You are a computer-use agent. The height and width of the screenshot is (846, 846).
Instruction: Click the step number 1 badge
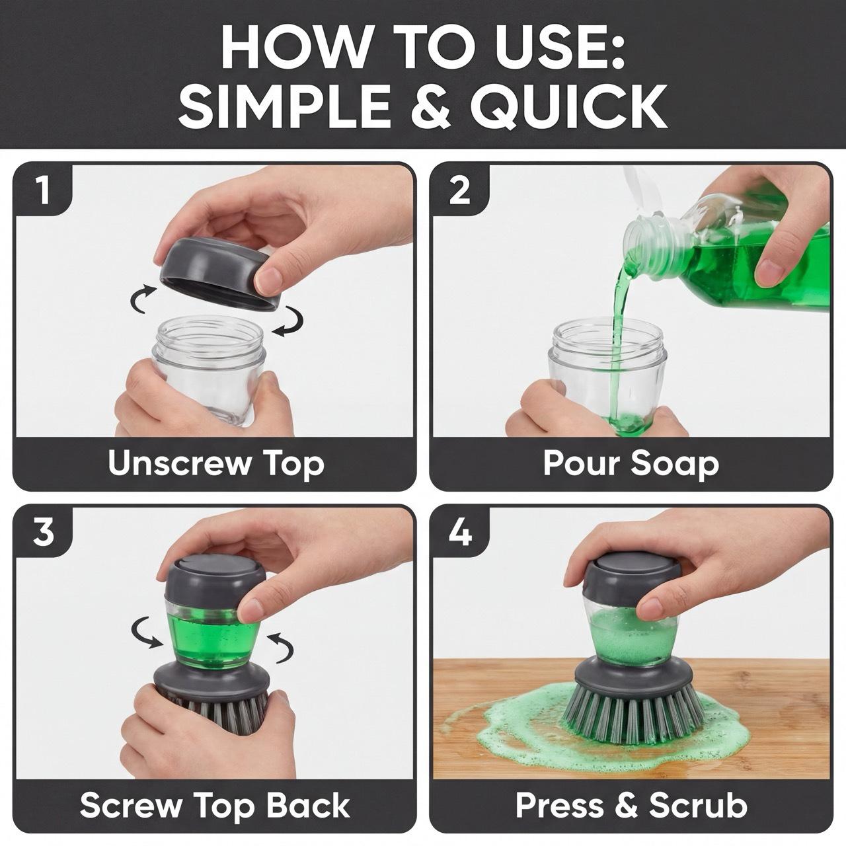(x=42, y=190)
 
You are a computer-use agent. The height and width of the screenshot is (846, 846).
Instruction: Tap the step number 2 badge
(x=459, y=190)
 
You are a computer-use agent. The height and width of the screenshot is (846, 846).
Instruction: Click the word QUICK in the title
(x=568, y=106)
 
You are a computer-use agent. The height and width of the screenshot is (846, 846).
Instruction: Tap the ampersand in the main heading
(x=430, y=106)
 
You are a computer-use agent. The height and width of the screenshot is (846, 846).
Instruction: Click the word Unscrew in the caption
(x=178, y=463)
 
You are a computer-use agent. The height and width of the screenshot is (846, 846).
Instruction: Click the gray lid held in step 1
(x=219, y=273)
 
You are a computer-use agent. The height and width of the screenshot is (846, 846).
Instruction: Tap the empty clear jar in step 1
(x=209, y=369)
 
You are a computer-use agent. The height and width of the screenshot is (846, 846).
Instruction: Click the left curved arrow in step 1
(x=143, y=298)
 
